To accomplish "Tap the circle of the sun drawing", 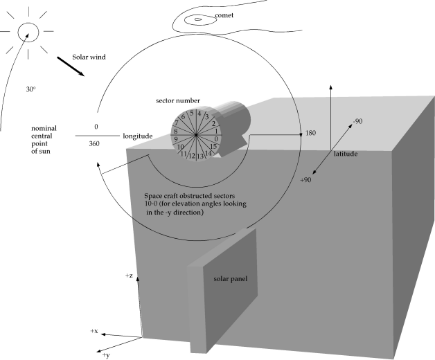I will (x=28, y=31).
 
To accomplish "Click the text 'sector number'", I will (x=179, y=101).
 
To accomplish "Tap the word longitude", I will (x=137, y=136).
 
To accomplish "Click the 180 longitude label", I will (x=311, y=132).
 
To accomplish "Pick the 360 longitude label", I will (x=96, y=144).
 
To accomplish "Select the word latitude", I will (x=344, y=153).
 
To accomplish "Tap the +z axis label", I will (x=130, y=276).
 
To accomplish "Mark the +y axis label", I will (x=105, y=354).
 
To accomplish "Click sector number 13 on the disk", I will (x=200, y=157).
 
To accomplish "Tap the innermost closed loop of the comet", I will (x=199, y=19).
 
